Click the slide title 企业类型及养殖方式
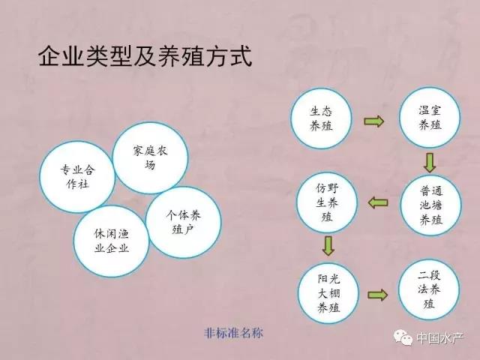point(145,56)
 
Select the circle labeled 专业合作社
point(77,177)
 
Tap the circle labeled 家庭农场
point(150,158)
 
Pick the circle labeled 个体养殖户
point(183,222)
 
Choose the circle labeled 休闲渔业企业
point(112,241)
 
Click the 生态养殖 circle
point(321,118)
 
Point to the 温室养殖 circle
point(430,118)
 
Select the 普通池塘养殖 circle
point(431,205)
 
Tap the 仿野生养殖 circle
point(327,202)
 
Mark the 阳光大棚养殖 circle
point(328,293)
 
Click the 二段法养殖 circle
point(429,290)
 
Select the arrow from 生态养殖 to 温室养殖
point(373,121)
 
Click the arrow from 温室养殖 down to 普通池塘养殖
point(430,163)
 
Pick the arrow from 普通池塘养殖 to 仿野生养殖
point(378,202)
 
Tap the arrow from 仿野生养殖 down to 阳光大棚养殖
point(328,245)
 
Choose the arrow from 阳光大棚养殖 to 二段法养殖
point(378,295)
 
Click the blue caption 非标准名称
point(233,333)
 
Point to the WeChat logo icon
point(403,337)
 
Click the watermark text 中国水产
point(440,338)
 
